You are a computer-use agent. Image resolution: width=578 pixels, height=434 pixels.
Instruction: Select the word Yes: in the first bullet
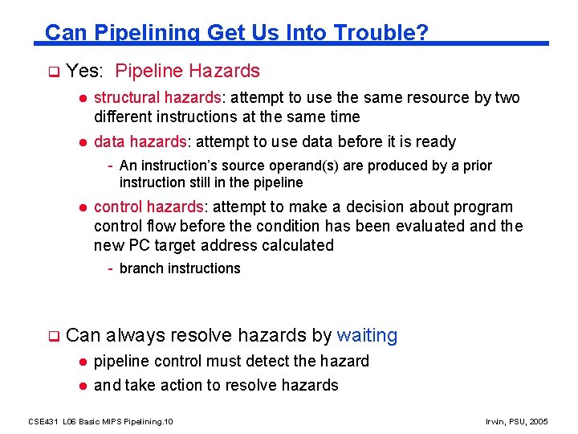coord(84,71)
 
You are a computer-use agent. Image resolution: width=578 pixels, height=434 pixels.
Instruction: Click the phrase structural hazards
coord(157,97)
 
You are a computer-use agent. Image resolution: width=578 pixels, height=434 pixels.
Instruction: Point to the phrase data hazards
coord(140,141)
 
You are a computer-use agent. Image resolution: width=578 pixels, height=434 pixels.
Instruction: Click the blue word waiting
coord(367,335)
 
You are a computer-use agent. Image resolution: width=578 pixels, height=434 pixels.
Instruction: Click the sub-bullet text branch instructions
coord(180,268)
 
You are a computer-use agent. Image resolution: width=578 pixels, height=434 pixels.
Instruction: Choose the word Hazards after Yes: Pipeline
coord(224,71)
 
